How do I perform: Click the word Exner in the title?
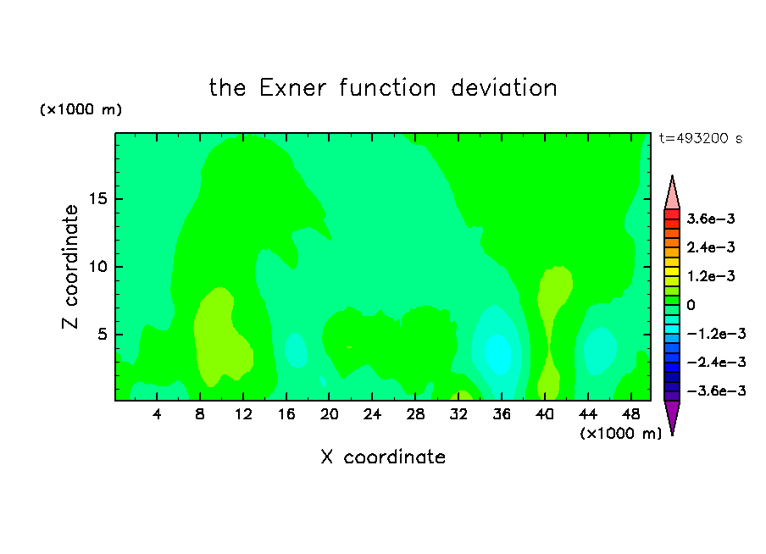[x=292, y=88]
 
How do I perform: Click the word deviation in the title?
[x=503, y=88]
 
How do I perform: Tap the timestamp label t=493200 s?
[x=701, y=138]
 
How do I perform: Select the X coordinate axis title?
[x=383, y=457]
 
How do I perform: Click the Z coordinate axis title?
[x=70, y=267]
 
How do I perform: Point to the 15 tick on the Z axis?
[x=98, y=199]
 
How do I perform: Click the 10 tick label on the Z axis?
[x=98, y=267]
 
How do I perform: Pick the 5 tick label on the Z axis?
[x=103, y=335]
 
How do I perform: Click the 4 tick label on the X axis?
[x=156, y=414]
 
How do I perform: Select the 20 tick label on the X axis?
[x=330, y=414]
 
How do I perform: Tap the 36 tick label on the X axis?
[x=502, y=414]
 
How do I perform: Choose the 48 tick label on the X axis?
[x=631, y=414]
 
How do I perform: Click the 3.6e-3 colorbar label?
[x=710, y=219]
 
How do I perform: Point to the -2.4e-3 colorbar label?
[x=716, y=362]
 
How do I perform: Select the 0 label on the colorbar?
[x=691, y=305]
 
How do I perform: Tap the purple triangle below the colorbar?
[x=672, y=416]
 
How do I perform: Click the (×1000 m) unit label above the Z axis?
[x=80, y=109]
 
